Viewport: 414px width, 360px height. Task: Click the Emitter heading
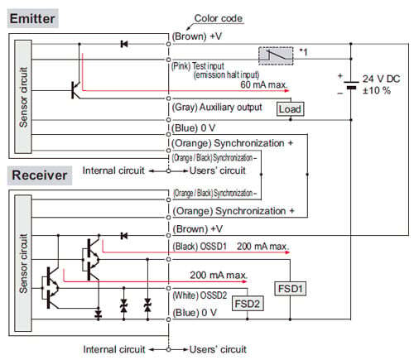32,18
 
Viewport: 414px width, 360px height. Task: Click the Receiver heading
40,175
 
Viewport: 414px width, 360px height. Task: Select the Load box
290,109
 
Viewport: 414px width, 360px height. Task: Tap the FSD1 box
291,289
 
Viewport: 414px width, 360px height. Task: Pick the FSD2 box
248,304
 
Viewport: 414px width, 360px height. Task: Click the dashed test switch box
276,56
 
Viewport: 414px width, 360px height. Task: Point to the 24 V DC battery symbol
351,85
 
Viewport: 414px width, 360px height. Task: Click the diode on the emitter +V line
124,44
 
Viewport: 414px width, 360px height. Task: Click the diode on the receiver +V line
124,236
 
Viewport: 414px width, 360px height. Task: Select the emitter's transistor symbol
75,90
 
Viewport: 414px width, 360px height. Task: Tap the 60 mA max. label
263,84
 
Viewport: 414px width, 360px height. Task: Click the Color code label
219,18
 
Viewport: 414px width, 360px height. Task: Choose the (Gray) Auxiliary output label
217,107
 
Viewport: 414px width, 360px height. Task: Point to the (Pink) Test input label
198,66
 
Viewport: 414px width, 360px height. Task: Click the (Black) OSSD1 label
200,246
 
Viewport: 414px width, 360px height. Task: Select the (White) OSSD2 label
200,295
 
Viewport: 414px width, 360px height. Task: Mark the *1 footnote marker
303,51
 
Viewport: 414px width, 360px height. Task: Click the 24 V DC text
381,79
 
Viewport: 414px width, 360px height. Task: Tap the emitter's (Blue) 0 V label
194,128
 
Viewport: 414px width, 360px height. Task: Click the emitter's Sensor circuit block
23,97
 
